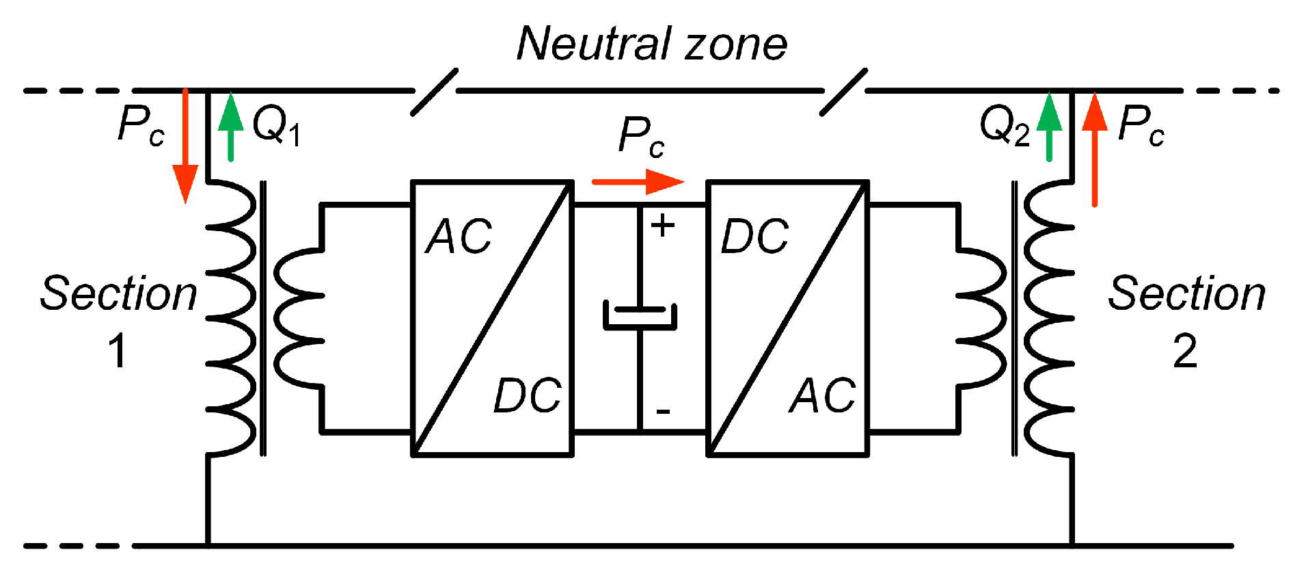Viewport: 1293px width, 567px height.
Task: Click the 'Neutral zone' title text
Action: [x=651, y=44]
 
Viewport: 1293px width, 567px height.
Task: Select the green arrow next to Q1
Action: [x=231, y=127]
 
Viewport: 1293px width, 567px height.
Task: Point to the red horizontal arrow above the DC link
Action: [x=637, y=182]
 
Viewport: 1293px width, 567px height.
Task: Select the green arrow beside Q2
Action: [x=1049, y=127]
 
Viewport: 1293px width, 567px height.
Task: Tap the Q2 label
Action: [x=1004, y=127]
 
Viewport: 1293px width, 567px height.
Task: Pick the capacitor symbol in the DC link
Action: [x=640, y=317]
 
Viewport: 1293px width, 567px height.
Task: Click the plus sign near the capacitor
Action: [x=662, y=226]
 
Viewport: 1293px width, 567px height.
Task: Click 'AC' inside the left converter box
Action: [x=459, y=237]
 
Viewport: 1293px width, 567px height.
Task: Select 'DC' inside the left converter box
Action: [x=527, y=395]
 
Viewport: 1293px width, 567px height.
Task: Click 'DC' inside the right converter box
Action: [x=754, y=237]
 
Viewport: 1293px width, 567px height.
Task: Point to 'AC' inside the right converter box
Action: [x=822, y=395]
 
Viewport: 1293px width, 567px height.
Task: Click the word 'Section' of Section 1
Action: [x=118, y=294]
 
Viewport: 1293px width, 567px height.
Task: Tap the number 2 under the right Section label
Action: [x=1184, y=352]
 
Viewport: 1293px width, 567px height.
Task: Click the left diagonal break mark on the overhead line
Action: [x=435, y=92]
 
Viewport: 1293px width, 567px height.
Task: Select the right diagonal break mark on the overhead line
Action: [x=844, y=92]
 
